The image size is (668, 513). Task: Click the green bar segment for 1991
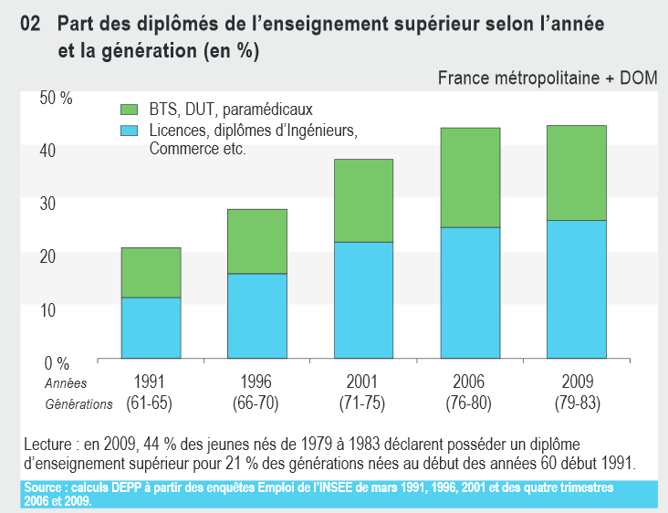pos(151,272)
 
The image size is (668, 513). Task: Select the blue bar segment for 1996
pos(256,315)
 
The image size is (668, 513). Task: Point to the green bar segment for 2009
pos(576,173)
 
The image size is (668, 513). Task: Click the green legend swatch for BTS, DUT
pos(129,110)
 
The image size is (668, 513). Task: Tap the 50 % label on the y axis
pos(57,98)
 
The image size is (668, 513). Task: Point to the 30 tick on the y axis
pos(48,203)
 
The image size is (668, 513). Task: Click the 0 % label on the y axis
pos(58,362)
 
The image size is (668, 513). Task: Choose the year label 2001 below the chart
pos(362,382)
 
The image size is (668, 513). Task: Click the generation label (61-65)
pos(151,403)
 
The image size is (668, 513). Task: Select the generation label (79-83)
pos(576,403)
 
